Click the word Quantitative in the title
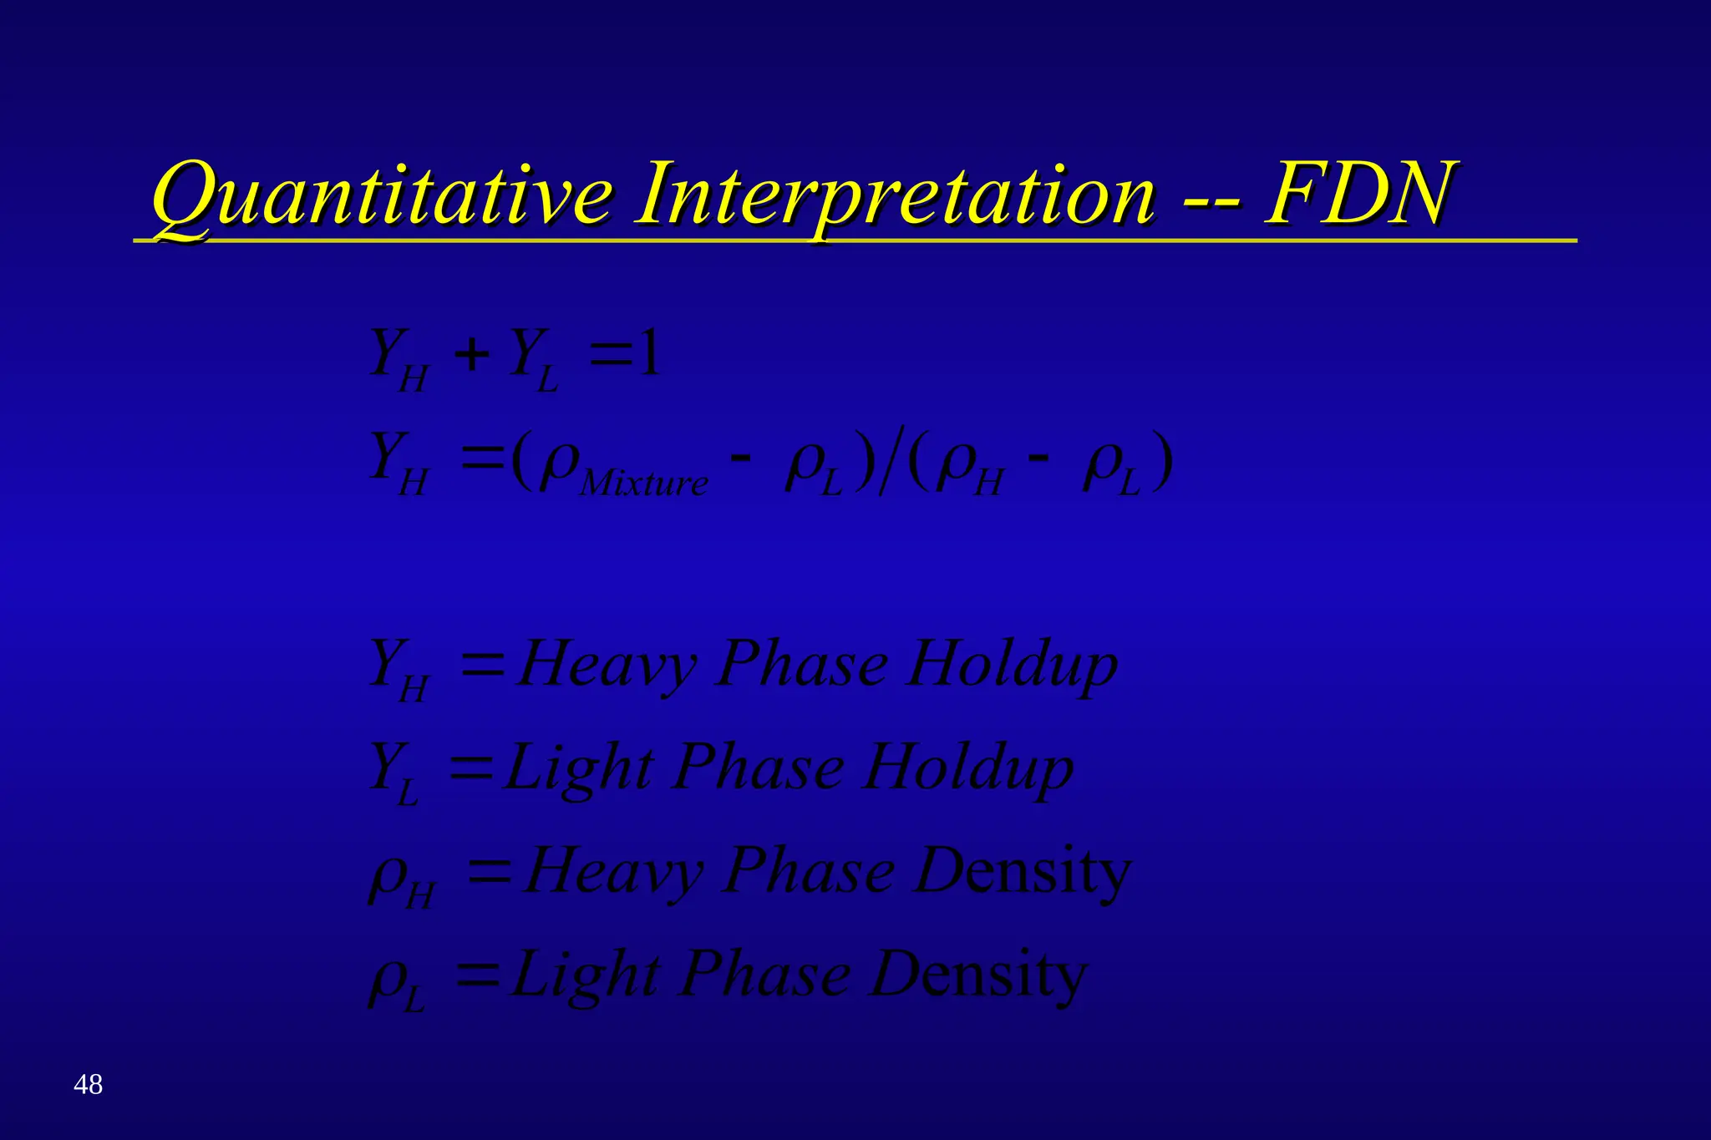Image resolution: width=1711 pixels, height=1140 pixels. pos(380,196)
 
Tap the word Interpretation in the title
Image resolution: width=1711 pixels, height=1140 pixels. pos(895,196)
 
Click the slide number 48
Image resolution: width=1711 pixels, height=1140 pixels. pos(88,1084)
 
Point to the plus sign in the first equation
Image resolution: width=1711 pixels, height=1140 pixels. pos(472,355)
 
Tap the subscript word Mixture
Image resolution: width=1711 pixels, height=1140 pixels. pos(643,484)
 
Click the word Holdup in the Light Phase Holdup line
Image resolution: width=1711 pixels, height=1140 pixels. pos(968,768)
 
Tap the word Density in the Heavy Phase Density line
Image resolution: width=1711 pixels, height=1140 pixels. pos(1023,871)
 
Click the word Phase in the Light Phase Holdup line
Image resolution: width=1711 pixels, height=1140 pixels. pos(759,768)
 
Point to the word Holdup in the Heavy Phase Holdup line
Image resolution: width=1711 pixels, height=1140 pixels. pos(1013,666)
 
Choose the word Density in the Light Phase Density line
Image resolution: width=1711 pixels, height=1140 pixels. pos(978,975)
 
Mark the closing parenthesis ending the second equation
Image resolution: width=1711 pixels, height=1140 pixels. pos(1162,461)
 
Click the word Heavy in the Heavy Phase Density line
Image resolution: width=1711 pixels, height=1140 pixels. pos(613,871)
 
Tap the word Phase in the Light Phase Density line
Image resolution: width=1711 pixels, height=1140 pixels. pos(765,975)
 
